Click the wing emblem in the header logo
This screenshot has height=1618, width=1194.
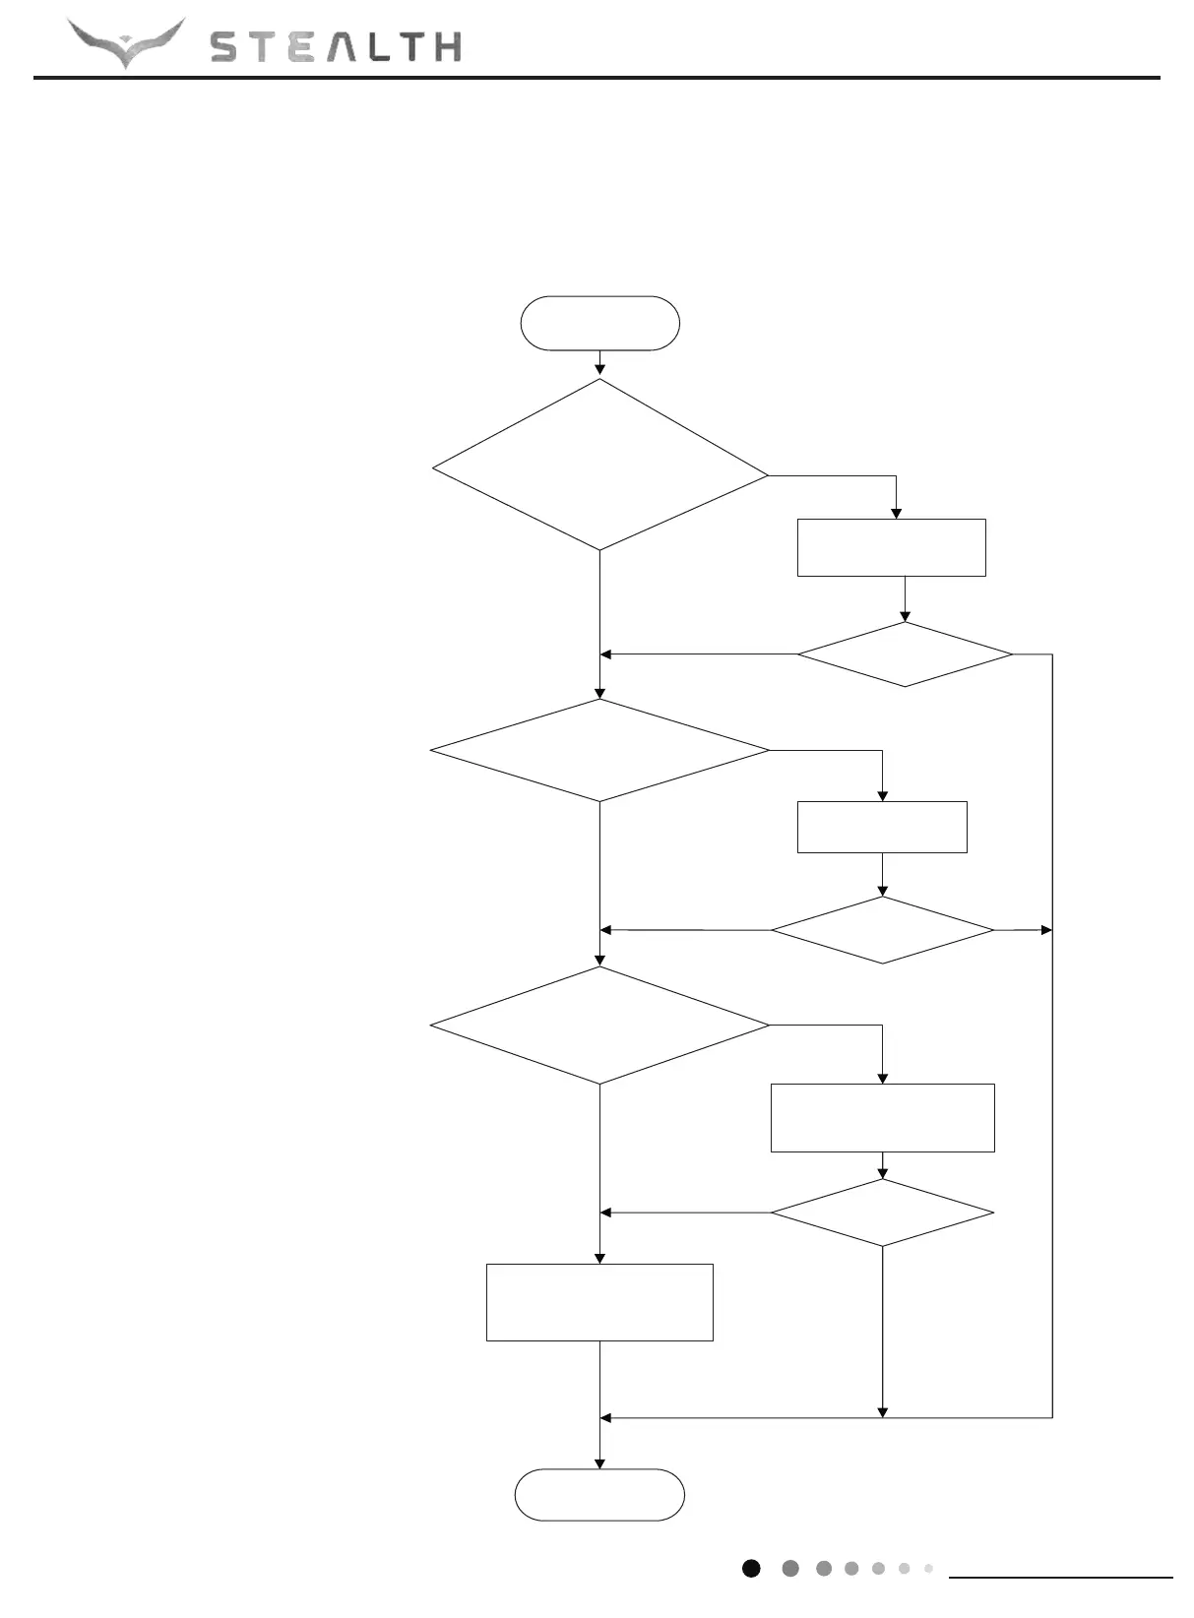[126, 42]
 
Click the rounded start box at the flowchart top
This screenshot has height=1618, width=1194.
[599, 323]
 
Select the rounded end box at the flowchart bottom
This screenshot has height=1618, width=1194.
[599, 1495]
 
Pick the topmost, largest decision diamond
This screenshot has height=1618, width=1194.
[599, 465]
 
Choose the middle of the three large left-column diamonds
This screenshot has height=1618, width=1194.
[599, 751]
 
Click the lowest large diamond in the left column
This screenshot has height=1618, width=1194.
[599, 1026]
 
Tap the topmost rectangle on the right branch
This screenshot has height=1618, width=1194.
[891, 547]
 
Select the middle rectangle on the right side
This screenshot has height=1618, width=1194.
[882, 827]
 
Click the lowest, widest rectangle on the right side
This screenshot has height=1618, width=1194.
[882, 1117]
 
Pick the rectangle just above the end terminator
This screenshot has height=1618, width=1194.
[599, 1302]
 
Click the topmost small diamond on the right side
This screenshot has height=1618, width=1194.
[905, 654]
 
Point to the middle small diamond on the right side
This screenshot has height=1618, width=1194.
[882, 930]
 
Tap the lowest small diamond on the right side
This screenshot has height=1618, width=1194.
[882, 1213]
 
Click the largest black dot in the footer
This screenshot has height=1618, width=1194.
[751, 1569]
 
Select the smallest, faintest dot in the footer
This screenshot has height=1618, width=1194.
[928, 1569]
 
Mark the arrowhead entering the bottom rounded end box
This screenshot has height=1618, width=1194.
[599, 1463]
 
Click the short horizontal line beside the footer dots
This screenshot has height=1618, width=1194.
[1060, 1578]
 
